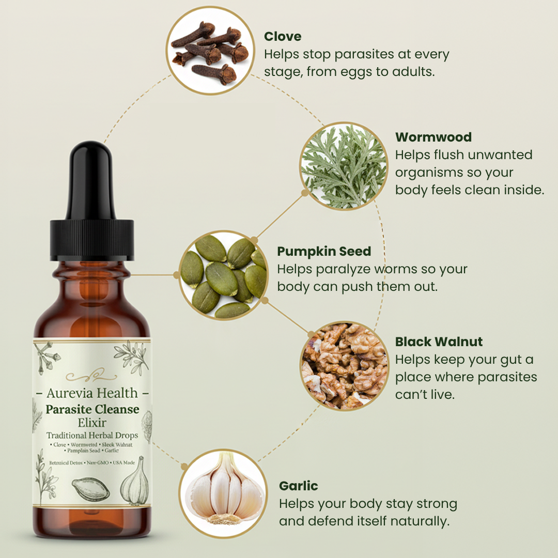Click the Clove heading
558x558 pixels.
click(283, 36)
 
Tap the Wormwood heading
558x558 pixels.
click(433, 137)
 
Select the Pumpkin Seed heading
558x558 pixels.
click(324, 252)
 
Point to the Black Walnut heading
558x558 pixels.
click(439, 342)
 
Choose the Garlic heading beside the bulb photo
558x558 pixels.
click(298, 486)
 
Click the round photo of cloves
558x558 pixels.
click(208, 50)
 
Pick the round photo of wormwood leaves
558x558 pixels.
click(344, 166)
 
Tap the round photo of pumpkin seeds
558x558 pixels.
click(224, 275)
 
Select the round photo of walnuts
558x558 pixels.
click(344, 365)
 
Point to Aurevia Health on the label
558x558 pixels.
click(92, 393)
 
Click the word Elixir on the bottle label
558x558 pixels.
click(92, 422)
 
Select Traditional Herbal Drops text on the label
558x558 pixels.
click(92, 435)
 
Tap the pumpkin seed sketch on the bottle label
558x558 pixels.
click(91, 489)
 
